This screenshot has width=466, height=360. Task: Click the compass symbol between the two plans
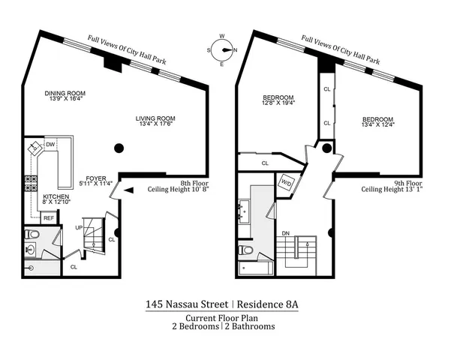(x=222, y=50)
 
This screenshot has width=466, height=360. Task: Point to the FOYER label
(x=95, y=179)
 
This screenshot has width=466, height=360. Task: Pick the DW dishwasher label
(x=50, y=144)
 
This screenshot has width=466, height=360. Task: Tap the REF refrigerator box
(x=49, y=218)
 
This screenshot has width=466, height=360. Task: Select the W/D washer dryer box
(x=287, y=182)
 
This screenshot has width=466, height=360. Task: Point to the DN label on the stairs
(x=285, y=233)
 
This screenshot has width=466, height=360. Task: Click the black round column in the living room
(x=118, y=148)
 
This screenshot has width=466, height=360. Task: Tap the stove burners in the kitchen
(x=33, y=182)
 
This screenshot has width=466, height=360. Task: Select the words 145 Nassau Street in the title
(x=188, y=304)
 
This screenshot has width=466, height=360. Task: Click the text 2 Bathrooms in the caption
(x=250, y=326)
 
